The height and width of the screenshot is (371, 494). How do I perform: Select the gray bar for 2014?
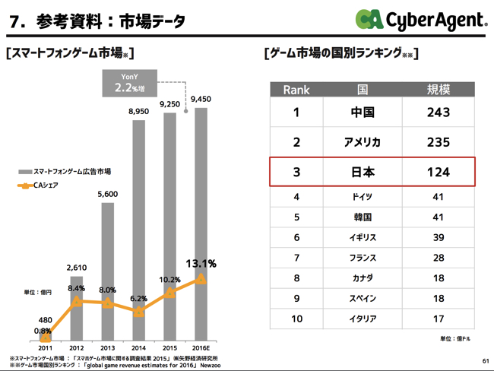tap(139, 228)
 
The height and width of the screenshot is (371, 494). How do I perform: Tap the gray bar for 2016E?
tap(201, 220)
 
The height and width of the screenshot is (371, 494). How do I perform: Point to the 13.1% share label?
tap(201, 264)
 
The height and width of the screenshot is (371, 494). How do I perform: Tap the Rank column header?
tap(296, 90)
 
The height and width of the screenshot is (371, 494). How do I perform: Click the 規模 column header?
tap(438, 90)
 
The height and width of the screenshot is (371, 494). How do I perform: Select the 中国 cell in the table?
tap(363, 113)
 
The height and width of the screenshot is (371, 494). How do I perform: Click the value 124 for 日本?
tap(438, 172)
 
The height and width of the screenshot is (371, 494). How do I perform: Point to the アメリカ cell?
tap(363, 142)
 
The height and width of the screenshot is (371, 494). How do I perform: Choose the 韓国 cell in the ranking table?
tap(363, 217)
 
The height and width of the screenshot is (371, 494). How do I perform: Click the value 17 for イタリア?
tap(438, 319)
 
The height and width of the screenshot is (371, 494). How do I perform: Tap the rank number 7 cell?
tap(296, 258)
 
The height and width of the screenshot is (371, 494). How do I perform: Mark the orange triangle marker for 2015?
tap(170, 293)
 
